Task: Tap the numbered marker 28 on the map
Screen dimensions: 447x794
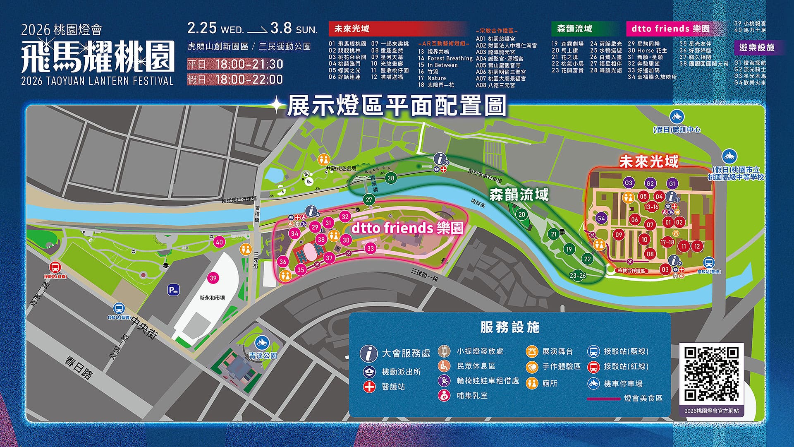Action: click(390, 178)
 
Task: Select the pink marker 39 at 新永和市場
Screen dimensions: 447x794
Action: click(213, 278)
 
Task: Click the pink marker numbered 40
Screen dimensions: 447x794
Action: click(219, 242)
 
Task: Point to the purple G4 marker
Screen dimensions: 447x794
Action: click(601, 218)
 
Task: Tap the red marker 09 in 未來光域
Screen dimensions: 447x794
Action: click(619, 235)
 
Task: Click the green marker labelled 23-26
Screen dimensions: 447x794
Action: click(577, 275)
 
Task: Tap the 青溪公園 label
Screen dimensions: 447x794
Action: click(263, 356)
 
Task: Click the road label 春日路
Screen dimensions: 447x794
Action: click(79, 368)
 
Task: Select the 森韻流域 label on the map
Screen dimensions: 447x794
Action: click(519, 195)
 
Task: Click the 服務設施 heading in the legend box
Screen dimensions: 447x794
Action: click(509, 327)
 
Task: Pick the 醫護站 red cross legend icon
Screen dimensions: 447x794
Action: click(369, 387)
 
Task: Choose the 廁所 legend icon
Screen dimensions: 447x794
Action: click(532, 383)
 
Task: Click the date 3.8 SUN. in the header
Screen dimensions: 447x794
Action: click(294, 29)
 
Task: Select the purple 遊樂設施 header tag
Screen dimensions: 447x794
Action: click(756, 48)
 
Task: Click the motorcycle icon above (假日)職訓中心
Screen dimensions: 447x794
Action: click(677, 116)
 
